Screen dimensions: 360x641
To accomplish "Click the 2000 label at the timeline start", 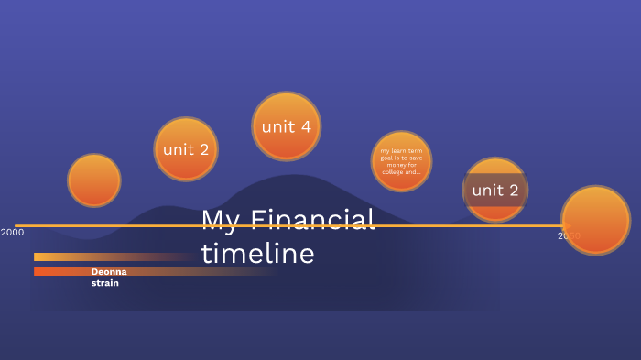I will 13,233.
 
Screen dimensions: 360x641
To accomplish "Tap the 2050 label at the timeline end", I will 569,236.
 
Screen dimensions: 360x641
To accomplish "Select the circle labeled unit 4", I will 286,126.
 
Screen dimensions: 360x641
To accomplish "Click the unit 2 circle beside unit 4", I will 186,148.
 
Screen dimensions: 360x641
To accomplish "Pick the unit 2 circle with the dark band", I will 495,190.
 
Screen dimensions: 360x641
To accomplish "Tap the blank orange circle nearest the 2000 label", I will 94,180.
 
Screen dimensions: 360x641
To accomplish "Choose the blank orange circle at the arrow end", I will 596,220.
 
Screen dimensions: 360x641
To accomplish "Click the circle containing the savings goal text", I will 401,161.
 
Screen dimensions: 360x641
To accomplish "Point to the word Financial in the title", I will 312,220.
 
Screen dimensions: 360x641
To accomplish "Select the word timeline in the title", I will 257,254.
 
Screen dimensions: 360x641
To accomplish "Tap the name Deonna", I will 109,272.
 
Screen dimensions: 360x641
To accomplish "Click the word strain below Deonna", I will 104,283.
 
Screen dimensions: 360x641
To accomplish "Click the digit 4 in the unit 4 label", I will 305,126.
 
